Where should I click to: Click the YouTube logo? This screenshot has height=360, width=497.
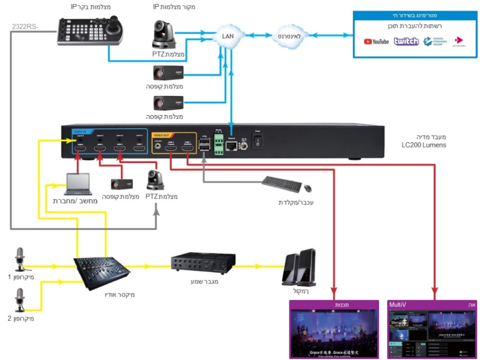click(376, 42)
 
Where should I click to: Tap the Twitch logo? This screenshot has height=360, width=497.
click(406, 41)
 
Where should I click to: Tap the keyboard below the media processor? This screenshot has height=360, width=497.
click(282, 184)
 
